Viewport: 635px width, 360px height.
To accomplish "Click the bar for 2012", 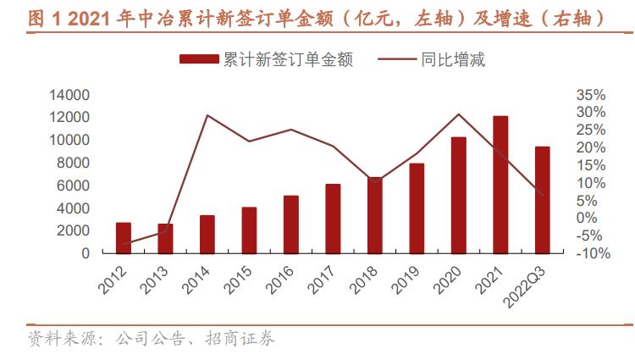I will point(124,238).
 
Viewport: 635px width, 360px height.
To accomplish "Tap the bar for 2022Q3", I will point(542,200).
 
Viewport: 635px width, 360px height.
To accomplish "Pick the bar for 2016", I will point(291,224).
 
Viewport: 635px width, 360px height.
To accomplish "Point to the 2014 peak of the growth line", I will point(207,115).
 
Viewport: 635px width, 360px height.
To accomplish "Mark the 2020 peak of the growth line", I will point(458,114).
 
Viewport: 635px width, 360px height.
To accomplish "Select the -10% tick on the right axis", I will point(590,253).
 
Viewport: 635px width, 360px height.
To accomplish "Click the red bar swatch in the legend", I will point(199,59).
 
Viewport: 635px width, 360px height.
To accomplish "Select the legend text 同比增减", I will point(452,59).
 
